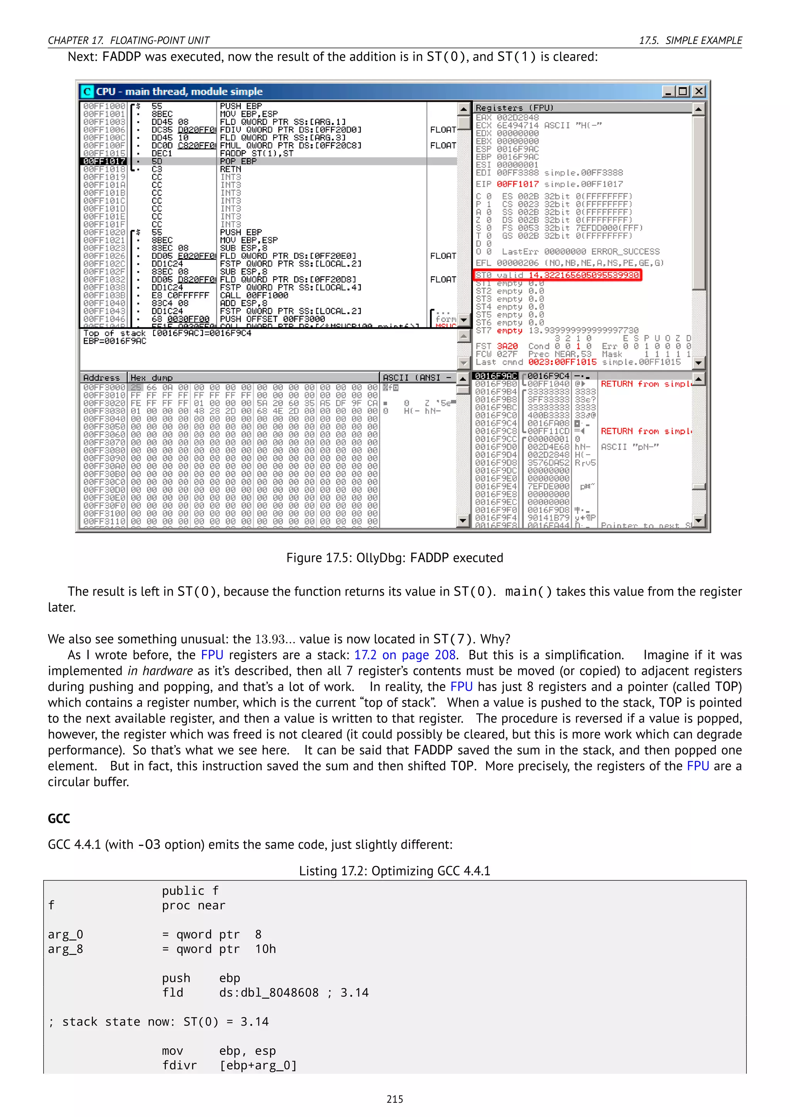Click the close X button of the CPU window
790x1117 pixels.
699,91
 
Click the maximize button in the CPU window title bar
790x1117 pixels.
684,91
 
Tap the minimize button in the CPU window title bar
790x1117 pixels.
669,91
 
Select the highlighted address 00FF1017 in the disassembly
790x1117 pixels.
104,161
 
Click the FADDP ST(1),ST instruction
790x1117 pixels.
257,153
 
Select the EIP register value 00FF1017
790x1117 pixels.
518,184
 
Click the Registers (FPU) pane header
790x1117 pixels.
515,108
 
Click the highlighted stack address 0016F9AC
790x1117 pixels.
495,376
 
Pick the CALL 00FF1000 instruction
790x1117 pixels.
250,295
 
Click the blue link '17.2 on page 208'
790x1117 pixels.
405,655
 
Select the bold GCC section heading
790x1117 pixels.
59,818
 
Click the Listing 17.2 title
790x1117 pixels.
395,871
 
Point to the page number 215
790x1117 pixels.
395,1099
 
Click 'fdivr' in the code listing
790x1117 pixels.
179,1065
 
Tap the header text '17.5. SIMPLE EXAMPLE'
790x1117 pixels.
690,40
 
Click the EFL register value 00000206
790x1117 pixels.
518,263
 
